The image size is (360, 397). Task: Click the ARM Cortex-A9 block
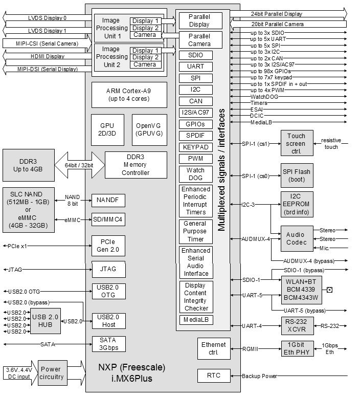point(129,94)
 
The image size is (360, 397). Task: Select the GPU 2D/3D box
point(107,129)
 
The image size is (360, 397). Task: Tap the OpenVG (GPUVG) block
point(149,129)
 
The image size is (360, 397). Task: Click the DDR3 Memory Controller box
point(136,165)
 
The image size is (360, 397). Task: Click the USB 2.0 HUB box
point(46,321)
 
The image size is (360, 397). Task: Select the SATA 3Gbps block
point(108,344)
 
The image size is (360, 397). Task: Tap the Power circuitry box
point(51,373)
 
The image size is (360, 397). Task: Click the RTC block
point(214,376)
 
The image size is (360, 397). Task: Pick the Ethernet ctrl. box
point(214,348)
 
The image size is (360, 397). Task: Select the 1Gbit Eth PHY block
point(296,348)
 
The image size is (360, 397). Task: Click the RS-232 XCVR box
point(296,325)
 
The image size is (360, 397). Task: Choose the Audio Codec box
point(296,239)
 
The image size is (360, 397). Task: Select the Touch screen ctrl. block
point(296,143)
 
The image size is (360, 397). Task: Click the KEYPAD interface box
point(196,147)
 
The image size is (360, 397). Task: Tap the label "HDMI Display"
point(47,56)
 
